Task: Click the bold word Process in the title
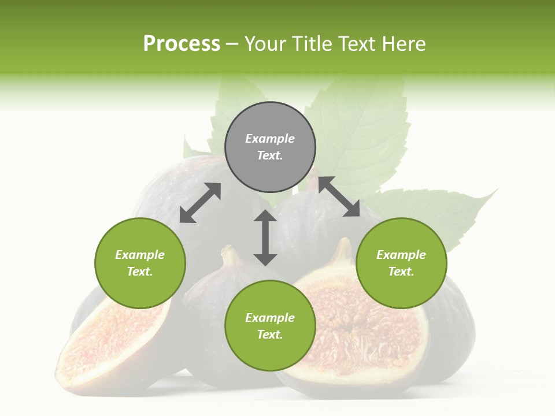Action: [x=182, y=44]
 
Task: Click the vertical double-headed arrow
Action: [x=265, y=237]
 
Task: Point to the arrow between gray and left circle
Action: [x=200, y=203]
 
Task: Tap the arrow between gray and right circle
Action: [x=339, y=197]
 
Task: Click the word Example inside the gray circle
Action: [x=270, y=139]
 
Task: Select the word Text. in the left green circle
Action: [x=140, y=272]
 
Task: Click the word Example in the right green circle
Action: [x=401, y=255]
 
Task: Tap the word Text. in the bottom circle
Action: [x=270, y=335]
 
